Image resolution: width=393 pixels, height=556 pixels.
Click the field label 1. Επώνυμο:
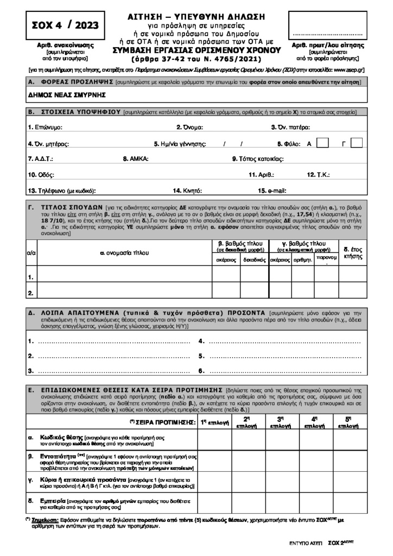click(45, 127)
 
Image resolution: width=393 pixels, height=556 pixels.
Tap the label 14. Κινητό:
click(187, 191)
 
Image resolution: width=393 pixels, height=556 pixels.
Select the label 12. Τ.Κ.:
click(318, 175)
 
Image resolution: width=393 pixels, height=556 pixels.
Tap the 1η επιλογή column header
click(215, 422)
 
